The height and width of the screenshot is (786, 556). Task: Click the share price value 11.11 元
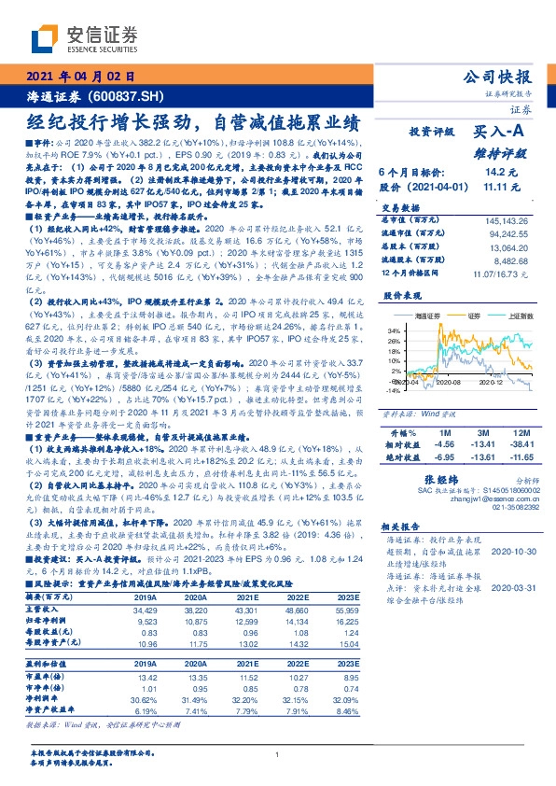tap(501, 187)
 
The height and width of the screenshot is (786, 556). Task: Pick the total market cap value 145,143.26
tap(508, 219)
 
